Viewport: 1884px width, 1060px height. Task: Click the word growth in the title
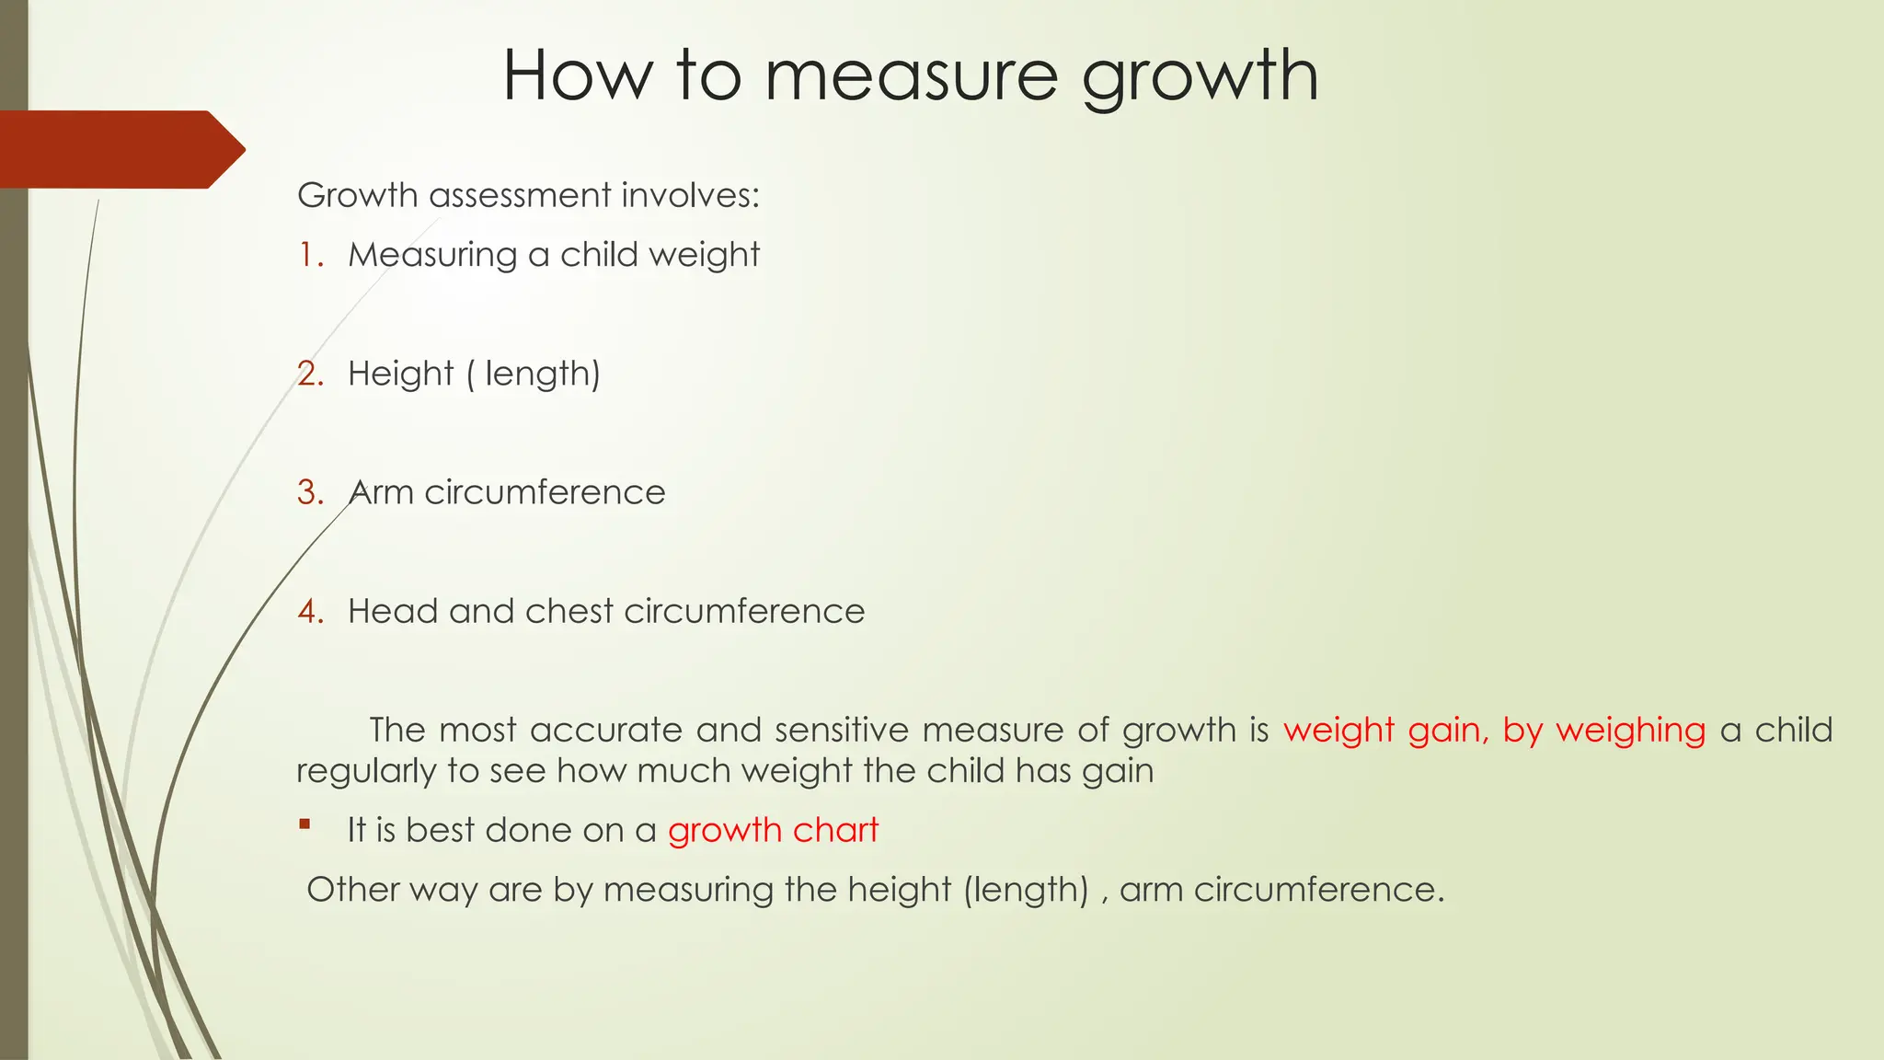point(1200,77)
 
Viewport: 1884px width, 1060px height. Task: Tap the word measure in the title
point(911,77)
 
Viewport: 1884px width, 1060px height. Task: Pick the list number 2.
point(311,374)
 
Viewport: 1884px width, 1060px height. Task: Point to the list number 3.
point(311,492)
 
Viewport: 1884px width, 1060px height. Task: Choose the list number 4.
point(311,611)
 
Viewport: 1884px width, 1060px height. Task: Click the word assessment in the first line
point(520,195)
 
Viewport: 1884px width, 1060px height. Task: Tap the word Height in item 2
point(400,374)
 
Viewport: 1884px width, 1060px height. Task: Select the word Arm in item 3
point(381,492)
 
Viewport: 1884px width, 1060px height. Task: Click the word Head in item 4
point(393,611)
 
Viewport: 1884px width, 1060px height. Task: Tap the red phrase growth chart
point(773,830)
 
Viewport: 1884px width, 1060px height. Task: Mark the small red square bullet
point(304,824)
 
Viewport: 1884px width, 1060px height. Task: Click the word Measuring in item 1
point(432,255)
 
